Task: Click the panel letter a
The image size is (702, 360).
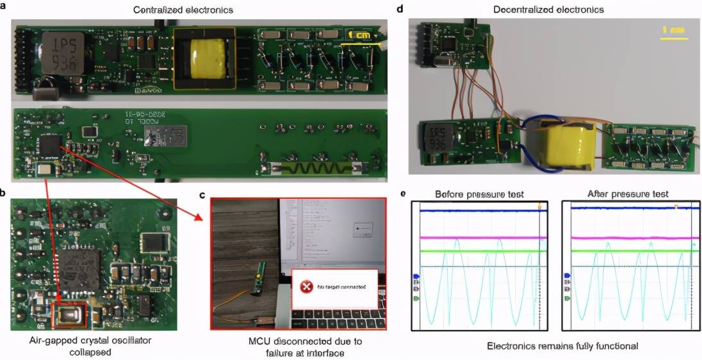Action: pos(4,10)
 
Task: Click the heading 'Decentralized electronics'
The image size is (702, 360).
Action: pos(549,10)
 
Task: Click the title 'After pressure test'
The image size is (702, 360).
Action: pos(628,194)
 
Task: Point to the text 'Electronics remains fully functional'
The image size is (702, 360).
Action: pos(553,346)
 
